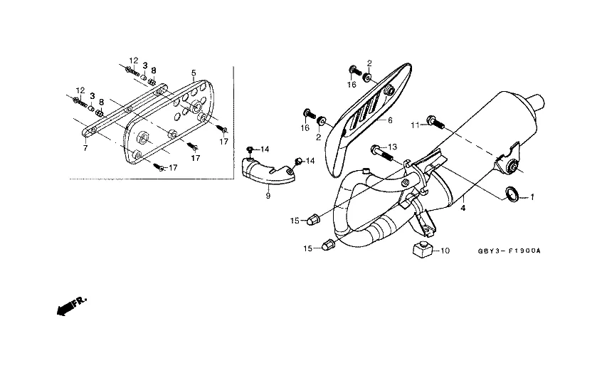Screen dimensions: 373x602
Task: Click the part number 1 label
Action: [531, 196]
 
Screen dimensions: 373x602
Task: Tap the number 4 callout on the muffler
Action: [463, 209]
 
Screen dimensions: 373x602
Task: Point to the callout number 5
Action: [193, 73]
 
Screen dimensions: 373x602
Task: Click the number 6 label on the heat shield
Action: [390, 121]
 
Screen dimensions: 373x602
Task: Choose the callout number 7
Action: [85, 148]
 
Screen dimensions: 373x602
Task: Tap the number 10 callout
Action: [445, 251]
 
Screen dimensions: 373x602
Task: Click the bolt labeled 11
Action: [435, 122]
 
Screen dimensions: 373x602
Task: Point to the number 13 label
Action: [392, 147]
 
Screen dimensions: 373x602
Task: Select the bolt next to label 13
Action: [381, 152]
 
